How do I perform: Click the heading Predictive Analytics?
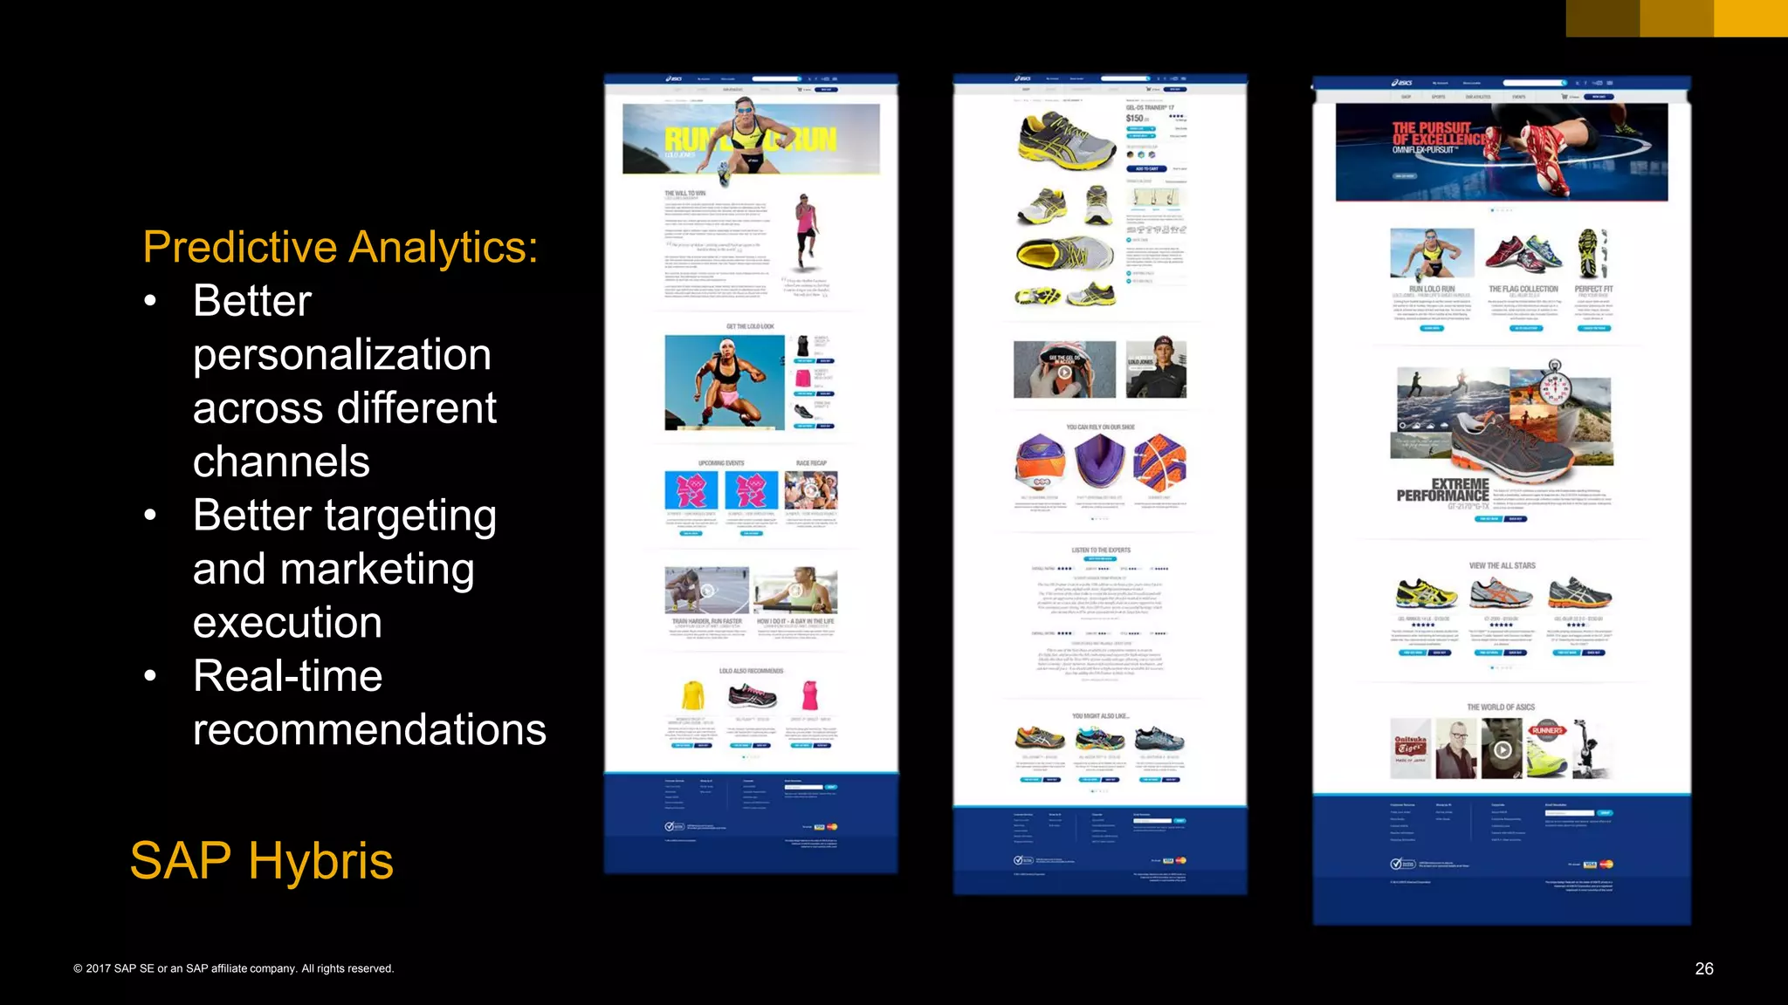click(x=340, y=247)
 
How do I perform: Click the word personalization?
click(x=341, y=355)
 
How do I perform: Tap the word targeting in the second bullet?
click(x=410, y=516)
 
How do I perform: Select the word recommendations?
click(x=369, y=729)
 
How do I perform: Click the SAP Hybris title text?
click(x=261, y=860)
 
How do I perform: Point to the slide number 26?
click(x=1703, y=968)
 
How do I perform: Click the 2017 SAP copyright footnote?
click(x=233, y=968)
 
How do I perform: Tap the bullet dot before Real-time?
click(x=150, y=676)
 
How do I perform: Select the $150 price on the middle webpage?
click(x=1135, y=119)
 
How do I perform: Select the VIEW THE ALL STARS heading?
click(x=1501, y=565)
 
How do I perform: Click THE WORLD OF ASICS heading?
click(x=1500, y=707)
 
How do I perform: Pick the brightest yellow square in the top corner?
click(x=1750, y=17)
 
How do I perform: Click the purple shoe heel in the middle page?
click(x=1099, y=459)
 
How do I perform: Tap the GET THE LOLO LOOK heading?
click(x=750, y=326)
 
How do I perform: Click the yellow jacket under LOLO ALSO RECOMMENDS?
click(x=692, y=696)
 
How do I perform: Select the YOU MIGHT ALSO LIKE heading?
click(x=1100, y=715)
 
